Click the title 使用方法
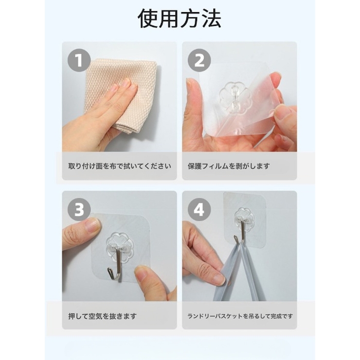(x=180, y=19)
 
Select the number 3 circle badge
(x=79, y=209)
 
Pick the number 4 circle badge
(x=199, y=209)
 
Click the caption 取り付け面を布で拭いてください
(x=119, y=166)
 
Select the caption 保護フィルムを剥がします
(x=229, y=166)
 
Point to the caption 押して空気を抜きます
(x=102, y=316)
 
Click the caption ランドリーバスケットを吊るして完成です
(x=240, y=316)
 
